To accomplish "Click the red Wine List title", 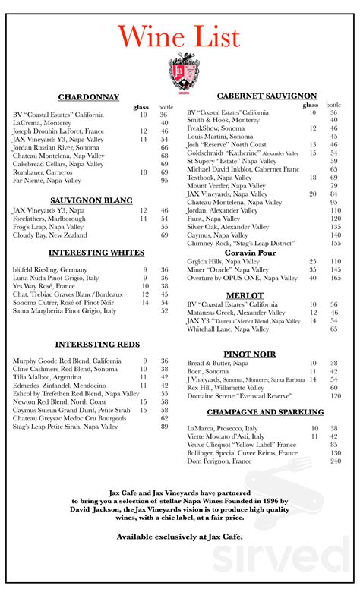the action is (180, 36).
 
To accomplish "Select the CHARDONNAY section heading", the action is (89, 97).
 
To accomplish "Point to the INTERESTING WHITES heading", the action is (96, 252).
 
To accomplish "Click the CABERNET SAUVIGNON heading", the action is (267, 96).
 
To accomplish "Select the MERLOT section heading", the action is (245, 294).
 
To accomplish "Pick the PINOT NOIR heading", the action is (249, 354).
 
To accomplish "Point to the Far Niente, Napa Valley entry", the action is (47, 181).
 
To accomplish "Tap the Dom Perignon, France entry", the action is (221, 461).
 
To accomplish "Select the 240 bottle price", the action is (335, 461).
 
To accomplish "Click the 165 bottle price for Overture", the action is (335, 279).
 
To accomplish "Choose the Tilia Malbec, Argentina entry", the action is (47, 377).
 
